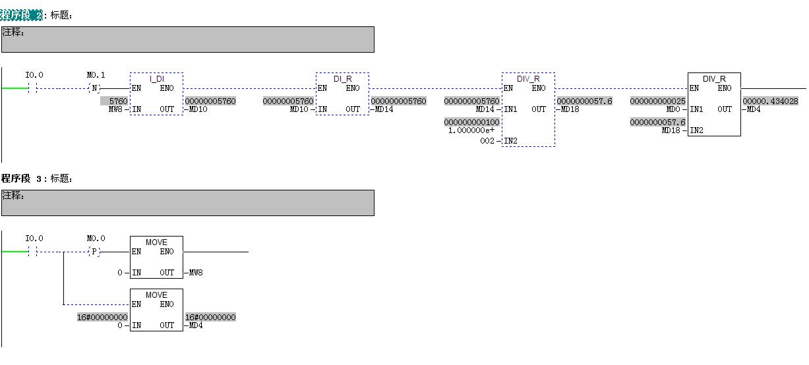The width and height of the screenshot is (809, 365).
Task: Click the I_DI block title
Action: pos(156,79)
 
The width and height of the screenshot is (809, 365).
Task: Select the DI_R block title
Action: pos(342,79)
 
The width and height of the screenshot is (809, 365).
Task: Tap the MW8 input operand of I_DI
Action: pos(114,109)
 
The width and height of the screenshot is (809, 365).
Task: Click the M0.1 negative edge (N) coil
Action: pos(95,88)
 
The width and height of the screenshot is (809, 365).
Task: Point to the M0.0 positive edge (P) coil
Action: pos(95,252)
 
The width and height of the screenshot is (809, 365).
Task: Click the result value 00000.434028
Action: pos(770,101)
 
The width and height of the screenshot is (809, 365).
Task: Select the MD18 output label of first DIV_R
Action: pos(570,109)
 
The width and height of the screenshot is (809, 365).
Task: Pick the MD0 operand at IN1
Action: pos(673,109)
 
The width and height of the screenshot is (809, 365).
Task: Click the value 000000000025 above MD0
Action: pos(657,101)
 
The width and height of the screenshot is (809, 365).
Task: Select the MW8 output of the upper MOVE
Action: pos(195,273)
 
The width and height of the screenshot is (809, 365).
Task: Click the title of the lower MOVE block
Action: pos(156,295)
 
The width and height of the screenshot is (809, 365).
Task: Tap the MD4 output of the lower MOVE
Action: pos(195,325)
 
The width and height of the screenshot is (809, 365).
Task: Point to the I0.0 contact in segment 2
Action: pos(34,88)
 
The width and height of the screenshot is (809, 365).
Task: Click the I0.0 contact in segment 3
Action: pos(34,252)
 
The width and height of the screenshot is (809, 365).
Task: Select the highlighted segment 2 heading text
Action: pos(21,15)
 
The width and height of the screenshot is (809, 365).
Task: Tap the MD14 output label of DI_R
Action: pos(384,109)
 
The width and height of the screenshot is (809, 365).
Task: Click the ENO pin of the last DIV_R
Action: pos(725,88)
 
